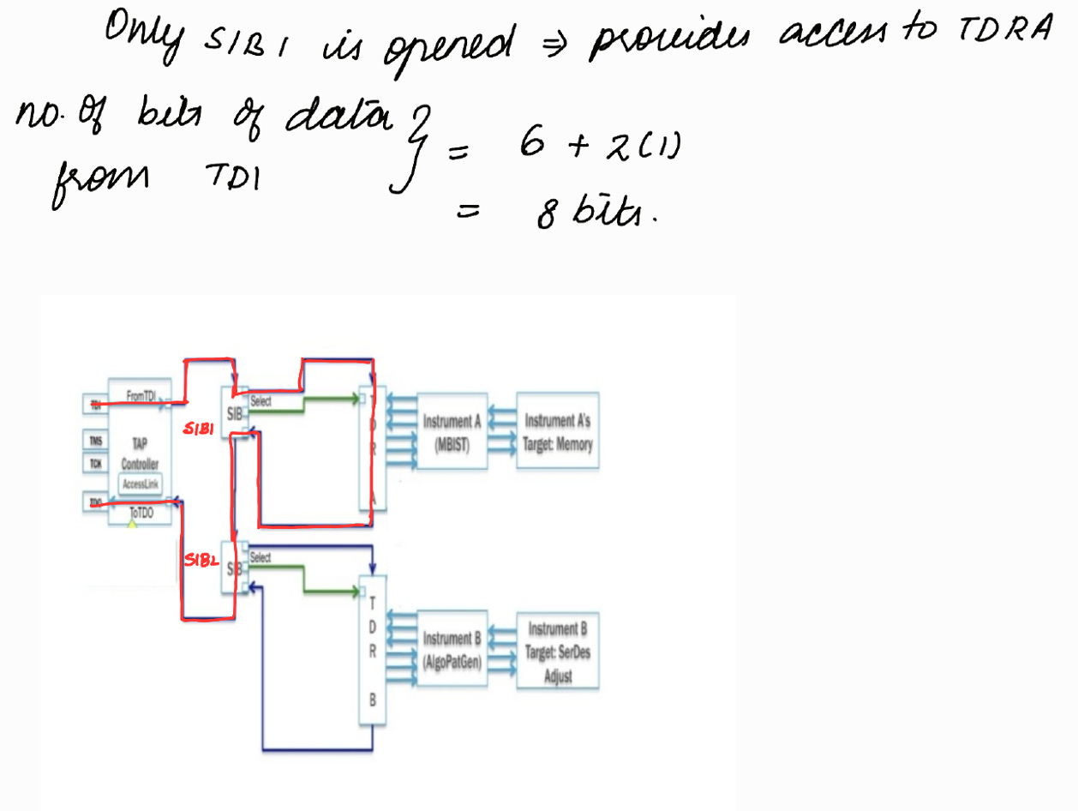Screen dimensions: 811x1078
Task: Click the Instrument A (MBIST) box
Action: pos(452,430)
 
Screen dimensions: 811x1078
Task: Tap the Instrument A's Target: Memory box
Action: pos(557,430)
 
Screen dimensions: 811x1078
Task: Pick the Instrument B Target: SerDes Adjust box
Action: pos(557,652)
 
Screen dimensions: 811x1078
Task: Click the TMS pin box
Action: pos(95,442)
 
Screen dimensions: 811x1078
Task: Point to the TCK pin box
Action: pos(95,464)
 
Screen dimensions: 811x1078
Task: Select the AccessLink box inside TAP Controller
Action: pos(140,484)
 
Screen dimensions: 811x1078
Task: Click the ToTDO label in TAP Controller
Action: pos(141,513)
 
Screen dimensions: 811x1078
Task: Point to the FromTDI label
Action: pos(141,395)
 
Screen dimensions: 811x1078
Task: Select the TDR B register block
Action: pos(372,652)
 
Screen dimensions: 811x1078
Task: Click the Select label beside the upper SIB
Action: pos(261,400)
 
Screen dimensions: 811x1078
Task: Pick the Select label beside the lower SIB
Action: pos(261,557)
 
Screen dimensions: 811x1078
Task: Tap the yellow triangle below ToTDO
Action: pos(132,523)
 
